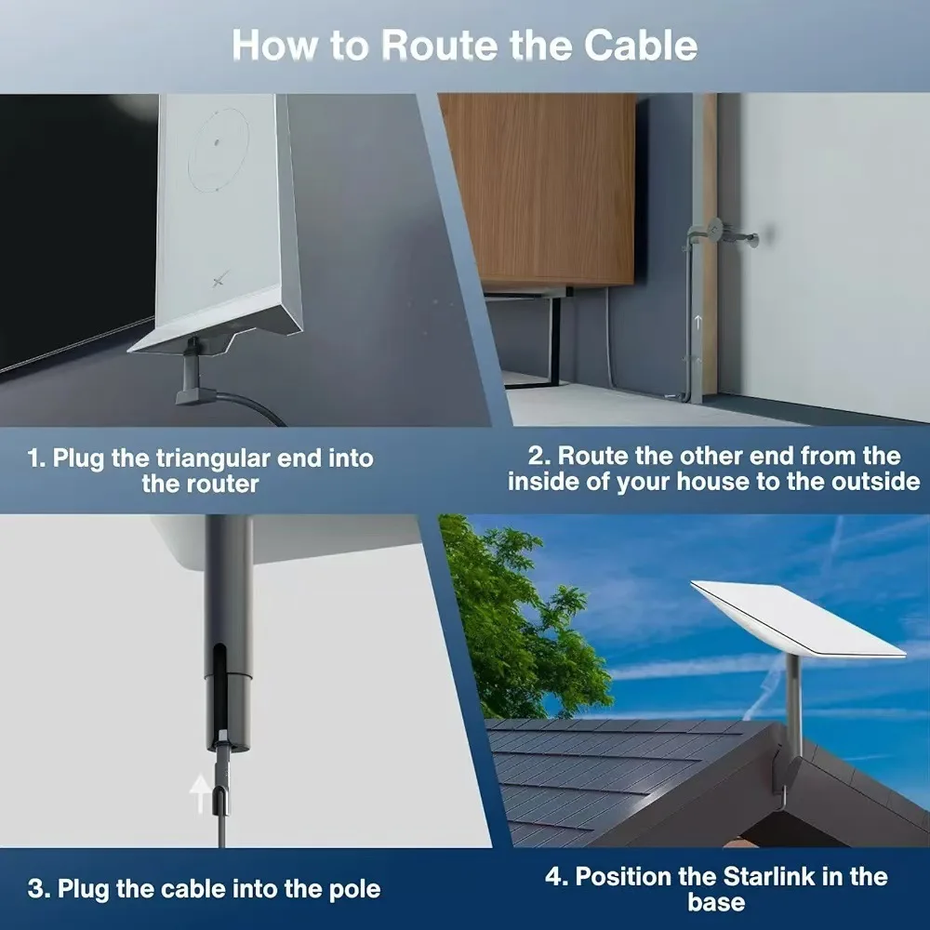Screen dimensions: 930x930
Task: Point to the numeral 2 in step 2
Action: (536, 456)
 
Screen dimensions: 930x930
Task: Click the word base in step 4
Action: (715, 902)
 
